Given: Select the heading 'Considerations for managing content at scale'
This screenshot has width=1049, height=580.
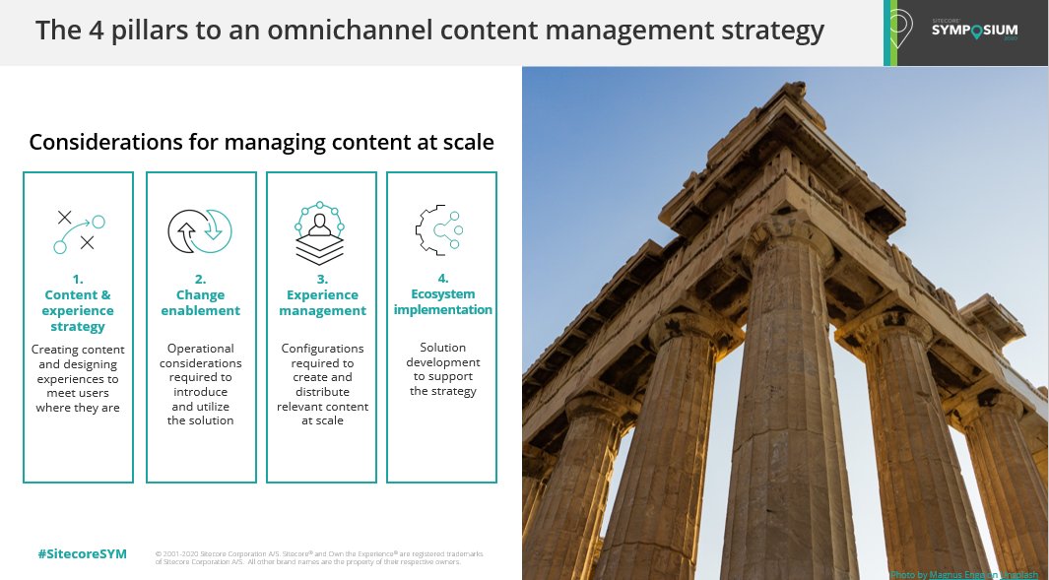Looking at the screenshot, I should coord(261,143).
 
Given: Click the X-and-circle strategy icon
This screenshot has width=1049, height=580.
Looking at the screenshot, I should coord(79,231).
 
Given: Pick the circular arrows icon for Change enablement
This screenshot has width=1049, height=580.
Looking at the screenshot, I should coord(200,231).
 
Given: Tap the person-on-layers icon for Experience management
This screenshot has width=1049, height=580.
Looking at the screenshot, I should coord(320,232).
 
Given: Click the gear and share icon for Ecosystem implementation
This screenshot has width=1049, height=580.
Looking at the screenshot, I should coord(440,231).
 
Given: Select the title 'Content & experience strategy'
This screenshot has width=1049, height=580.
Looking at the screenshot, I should coord(78,302).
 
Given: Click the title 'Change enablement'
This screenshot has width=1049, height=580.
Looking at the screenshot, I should coord(201,302).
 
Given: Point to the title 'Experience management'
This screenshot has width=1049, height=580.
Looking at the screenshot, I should coord(322,302).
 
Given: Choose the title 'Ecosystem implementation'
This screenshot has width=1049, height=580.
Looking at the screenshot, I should coord(442,301).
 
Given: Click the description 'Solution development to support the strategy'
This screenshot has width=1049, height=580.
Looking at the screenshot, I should coord(442,369).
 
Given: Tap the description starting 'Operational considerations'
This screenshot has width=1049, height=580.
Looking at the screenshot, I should coord(201,384).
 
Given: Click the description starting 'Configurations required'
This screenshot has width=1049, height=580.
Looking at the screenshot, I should coord(322,384).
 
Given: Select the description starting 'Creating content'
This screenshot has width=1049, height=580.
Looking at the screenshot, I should coord(78,378).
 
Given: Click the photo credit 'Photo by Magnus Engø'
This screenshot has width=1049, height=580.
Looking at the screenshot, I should coord(962,574).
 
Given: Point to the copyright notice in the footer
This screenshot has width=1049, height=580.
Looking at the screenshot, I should coord(319,557).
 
